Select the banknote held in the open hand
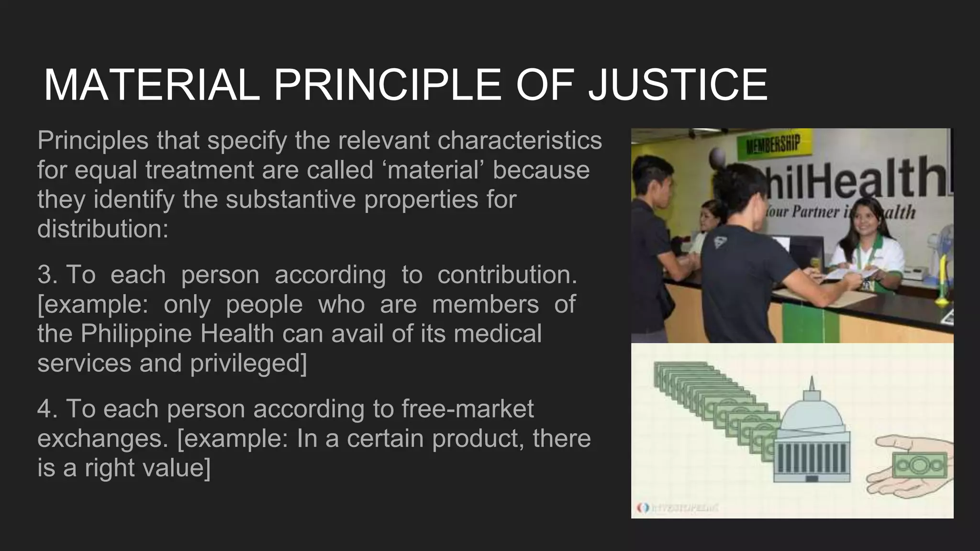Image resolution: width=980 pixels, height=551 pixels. [x=920, y=465]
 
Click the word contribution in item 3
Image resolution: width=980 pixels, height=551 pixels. [x=507, y=275]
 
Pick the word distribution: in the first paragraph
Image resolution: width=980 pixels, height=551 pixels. [x=103, y=229]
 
